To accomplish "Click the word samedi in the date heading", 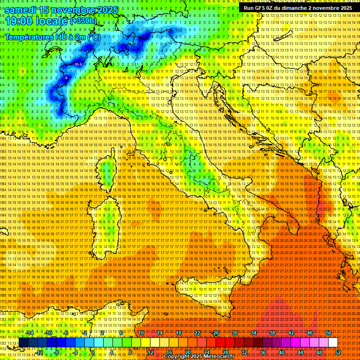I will pyautogui.click(x=21, y=10).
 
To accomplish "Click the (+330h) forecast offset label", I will pyautogui.click(x=83, y=21).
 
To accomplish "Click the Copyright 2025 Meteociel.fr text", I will pyautogui.click(x=202, y=356).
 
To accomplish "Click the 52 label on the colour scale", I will pyautogui.click(x=337, y=352).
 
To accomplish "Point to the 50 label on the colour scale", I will pyautogui.click(x=329, y=333).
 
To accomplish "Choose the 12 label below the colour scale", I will pyautogui.click(x=150, y=352).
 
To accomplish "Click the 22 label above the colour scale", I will pyautogui.click(x=197, y=333).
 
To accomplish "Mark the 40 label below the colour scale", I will pyautogui.click(x=282, y=352).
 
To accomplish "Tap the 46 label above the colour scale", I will pyautogui.click(x=310, y=333).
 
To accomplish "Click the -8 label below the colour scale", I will pyautogui.click(x=57, y=352).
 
